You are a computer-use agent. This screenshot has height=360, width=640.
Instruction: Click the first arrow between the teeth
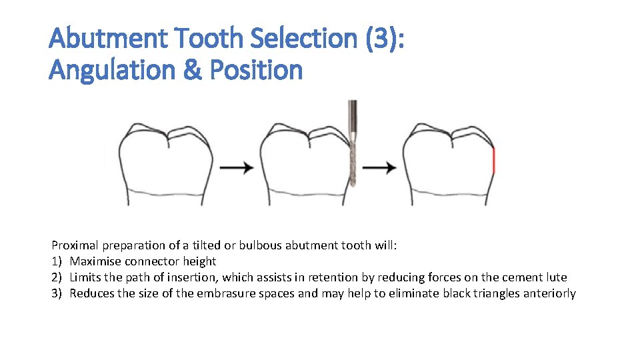pyautogui.click(x=237, y=167)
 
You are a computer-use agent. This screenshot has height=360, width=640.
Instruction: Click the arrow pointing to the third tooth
pyautogui.click(x=380, y=167)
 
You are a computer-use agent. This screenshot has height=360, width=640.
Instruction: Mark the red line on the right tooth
pyautogui.click(x=494, y=161)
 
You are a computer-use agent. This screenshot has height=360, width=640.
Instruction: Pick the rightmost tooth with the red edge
pyautogui.click(x=450, y=163)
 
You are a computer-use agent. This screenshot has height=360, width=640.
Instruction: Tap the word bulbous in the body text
pyautogui.click(x=262, y=245)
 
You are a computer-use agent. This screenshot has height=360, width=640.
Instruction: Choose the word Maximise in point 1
pyautogui.click(x=94, y=261)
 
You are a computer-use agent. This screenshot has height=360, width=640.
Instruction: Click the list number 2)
pyautogui.click(x=57, y=277)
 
